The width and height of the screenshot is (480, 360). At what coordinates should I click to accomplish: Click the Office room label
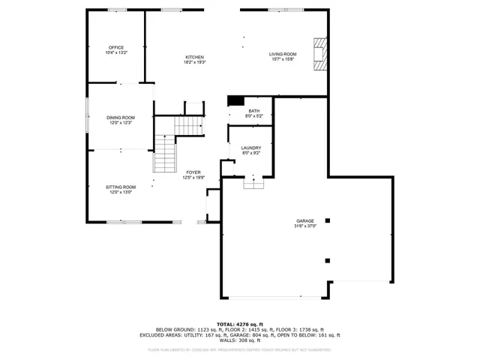116,50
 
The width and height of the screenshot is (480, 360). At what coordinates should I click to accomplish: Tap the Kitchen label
195,60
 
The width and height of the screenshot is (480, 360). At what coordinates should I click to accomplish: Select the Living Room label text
283,56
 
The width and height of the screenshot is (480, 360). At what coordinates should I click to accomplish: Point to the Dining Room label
120,120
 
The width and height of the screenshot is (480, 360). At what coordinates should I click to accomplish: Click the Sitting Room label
120,189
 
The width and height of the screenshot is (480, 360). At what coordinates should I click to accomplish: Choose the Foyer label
193,175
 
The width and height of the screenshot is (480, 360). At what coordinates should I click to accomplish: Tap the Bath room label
254,114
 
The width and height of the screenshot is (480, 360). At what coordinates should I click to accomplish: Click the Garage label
304,223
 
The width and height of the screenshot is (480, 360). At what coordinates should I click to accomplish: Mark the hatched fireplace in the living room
321,55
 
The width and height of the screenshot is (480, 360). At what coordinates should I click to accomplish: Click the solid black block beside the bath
235,100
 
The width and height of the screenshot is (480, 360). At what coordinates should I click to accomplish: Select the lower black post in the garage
327,260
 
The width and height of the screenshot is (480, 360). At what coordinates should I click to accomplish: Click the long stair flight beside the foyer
164,154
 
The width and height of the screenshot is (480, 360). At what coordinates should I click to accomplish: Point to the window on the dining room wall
87,118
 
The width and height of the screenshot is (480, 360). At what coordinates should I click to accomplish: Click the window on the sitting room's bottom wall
124,222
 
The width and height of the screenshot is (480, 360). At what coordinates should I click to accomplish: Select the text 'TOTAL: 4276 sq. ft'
240,323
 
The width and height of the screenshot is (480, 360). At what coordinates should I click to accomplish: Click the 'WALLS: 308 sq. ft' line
240,341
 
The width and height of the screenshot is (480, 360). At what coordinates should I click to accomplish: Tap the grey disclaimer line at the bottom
240,349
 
